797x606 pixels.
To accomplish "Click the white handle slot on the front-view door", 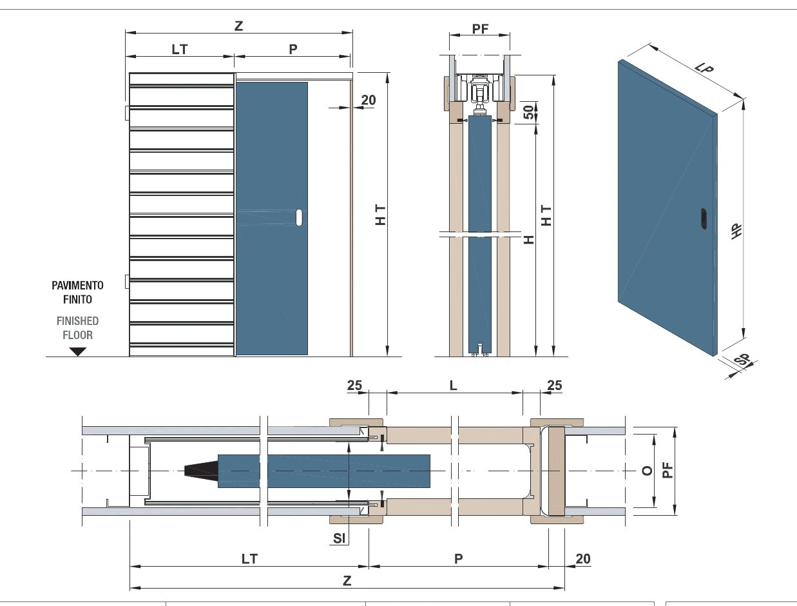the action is coord(299,217).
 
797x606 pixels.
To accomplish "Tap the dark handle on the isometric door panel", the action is coord(704,219).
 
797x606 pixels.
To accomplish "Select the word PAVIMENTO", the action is coord(77,286).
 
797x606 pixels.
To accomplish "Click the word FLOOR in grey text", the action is coord(78,335).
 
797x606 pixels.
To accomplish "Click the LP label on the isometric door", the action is coord(704,68).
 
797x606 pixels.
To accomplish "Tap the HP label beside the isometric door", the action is coord(736,231).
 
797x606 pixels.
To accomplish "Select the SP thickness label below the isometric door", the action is coord(742,360).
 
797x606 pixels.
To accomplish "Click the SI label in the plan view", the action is coord(339,538).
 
